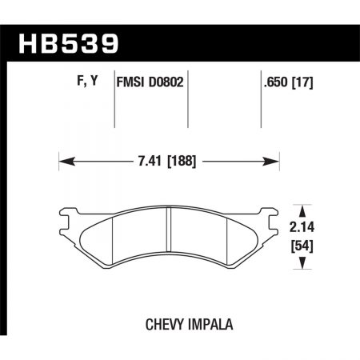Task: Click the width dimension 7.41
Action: click(152, 161)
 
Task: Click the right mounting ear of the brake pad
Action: click(270, 214)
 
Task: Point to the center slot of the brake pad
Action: click(169, 236)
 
